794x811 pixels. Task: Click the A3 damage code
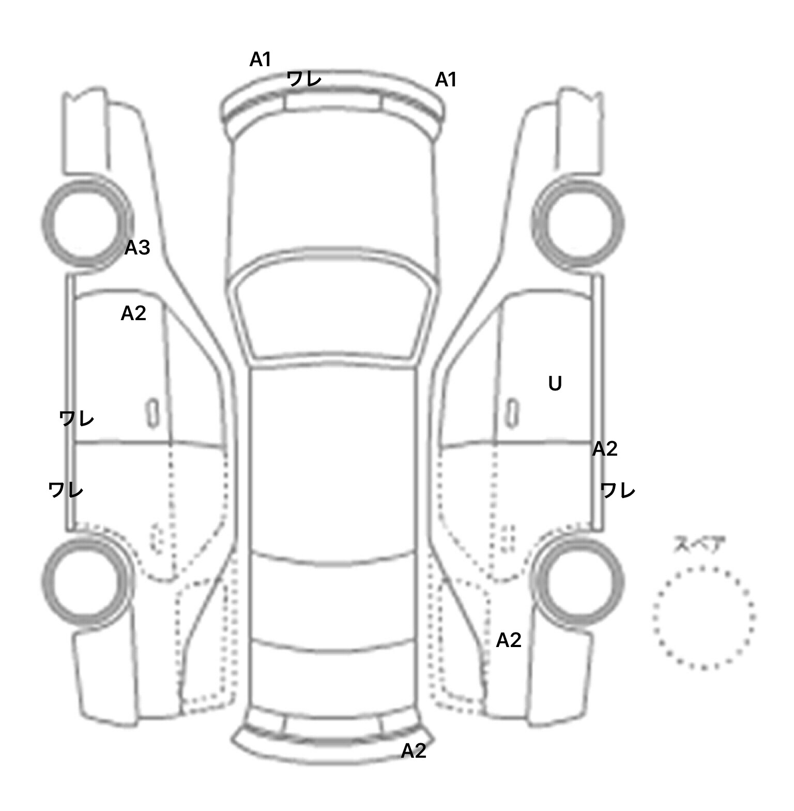tap(137, 248)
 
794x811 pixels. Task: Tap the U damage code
tap(555, 384)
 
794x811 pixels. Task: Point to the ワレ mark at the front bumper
tap(304, 79)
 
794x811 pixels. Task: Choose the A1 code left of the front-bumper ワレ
tap(261, 60)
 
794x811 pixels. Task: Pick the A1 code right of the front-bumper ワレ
tap(446, 80)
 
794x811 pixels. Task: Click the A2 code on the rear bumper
tap(414, 751)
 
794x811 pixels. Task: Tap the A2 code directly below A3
tap(133, 313)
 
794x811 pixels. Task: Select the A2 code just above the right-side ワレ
tap(605, 449)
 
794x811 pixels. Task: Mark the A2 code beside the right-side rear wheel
tap(509, 640)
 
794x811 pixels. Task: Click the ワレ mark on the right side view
tap(618, 490)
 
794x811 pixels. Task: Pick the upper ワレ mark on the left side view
tap(77, 418)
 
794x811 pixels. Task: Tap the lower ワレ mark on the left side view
tap(65, 489)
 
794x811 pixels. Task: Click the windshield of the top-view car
tap(333, 310)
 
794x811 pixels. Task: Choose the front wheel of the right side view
tap(578, 223)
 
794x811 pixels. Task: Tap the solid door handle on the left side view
tap(152, 413)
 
